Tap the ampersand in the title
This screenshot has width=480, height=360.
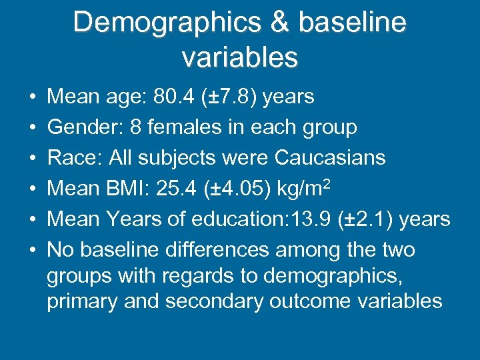click(x=279, y=23)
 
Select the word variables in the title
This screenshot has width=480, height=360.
click(x=240, y=57)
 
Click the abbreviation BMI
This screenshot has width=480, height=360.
click(x=129, y=189)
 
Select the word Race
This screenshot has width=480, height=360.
click(x=72, y=158)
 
